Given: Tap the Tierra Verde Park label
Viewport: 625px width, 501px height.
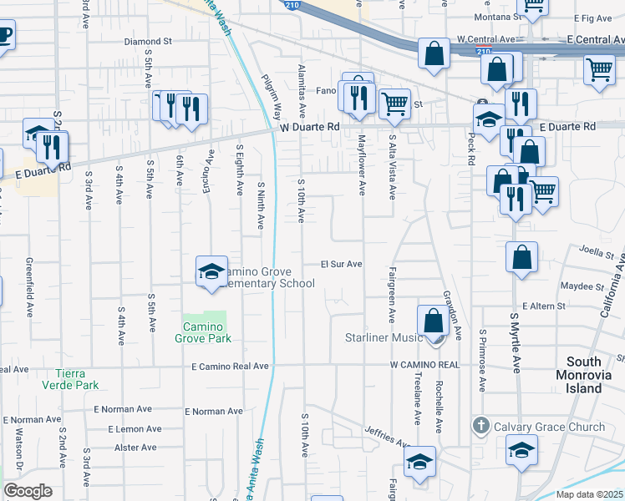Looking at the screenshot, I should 77,378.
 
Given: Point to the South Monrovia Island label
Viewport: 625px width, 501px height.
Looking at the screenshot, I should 595,375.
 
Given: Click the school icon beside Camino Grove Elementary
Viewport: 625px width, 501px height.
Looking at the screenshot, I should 212,271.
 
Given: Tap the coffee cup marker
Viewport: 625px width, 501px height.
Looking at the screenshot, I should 4,37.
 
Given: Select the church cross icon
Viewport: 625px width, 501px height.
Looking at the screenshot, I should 480,427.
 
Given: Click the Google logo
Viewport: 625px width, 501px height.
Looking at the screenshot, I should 28,491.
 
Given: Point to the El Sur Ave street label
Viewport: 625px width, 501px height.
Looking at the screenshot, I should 342,264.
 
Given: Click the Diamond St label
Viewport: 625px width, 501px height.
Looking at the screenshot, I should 147,40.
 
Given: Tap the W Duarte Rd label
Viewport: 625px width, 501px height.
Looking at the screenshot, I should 310,127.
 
